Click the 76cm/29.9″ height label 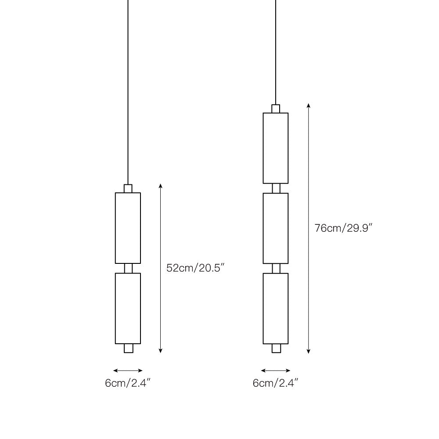pyautogui.click(x=344, y=228)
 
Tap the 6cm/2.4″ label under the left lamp pyautogui.click(x=128, y=383)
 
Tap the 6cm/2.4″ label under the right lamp pyautogui.click(x=276, y=383)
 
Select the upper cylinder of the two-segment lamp pyautogui.click(x=128, y=228)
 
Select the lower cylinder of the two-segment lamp pyautogui.click(x=128, y=308)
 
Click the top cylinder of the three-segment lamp pyautogui.click(x=276, y=148)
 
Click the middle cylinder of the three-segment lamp pyautogui.click(x=276, y=228)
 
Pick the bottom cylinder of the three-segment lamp pyautogui.click(x=276, y=308)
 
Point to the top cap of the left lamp pyautogui.click(x=128, y=188)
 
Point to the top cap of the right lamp pyautogui.click(x=276, y=108)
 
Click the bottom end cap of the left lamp pyautogui.click(x=128, y=348)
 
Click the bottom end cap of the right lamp pyautogui.click(x=276, y=348)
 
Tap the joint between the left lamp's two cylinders pyautogui.click(x=128, y=268)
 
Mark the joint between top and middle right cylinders pyautogui.click(x=276, y=188)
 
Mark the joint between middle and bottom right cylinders pyautogui.click(x=276, y=268)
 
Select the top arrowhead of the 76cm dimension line pyautogui.click(x=309, y=106)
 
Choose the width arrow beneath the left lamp pyautogui.click(x=128, y=371)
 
